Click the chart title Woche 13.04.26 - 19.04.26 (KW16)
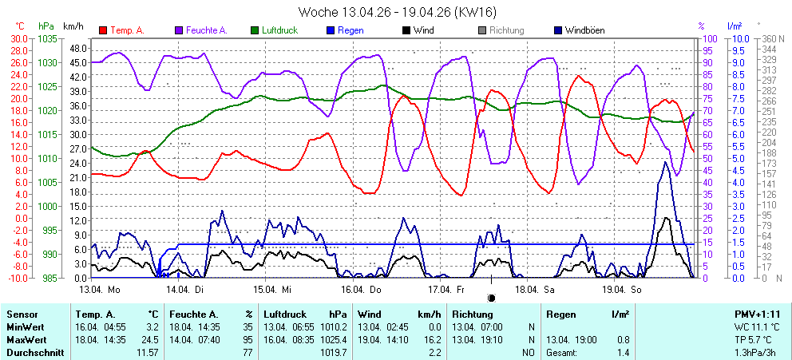click(x=396, y=12)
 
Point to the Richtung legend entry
click(x=506, y=30)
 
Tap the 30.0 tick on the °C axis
click(x=18, y=38)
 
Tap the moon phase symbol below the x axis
click(x=491, y=298)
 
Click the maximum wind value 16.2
click(x=433, y=339)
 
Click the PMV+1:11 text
click(x=758, y=315)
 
